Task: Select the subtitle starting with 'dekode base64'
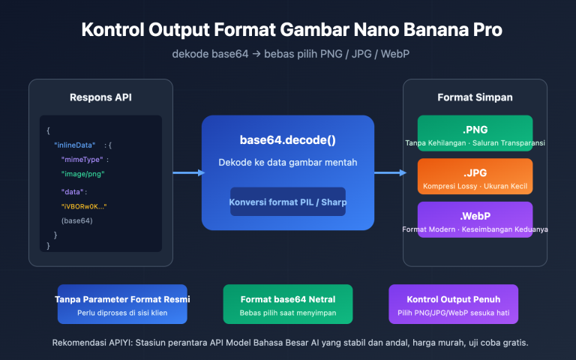pyautogui.click(x=288, y=55)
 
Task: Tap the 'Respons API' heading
pyautogui.click(x=100, y=97)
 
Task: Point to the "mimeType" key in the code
pyautogui.click(x=83, y=160)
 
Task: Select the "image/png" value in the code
pyautogui.click(x=82, y=174)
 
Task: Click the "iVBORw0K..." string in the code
pyautogui.click(x=84, y=205)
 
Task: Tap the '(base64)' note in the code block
pyautogui.click(x=76, y=220)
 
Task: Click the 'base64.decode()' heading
pyautogui.click(x=288, y=140)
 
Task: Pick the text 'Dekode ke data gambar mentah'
pyautogui.click(x=288, y=163)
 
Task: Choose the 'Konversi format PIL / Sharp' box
pyautogui.click(x=288, y=201)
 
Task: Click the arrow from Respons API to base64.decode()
pyautogui.click(x=187, y=173)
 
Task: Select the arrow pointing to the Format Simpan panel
pyautogui.click(x=388, y=173)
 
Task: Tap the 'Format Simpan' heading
pyautogui.click(x=475, y=97)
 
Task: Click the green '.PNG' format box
pyautogui.click(x=475, y=133)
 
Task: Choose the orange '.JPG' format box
pyautogui.click(x=475, y=176)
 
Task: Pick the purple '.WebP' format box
pyautogui.click(x=475, y=220)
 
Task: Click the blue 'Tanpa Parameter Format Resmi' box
pyautogui.click(x=122, y=304)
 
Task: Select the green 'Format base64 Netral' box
pyautogui.click(x=288, y=304)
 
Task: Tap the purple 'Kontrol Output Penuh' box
pyautogui.click(x=453, y=304)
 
